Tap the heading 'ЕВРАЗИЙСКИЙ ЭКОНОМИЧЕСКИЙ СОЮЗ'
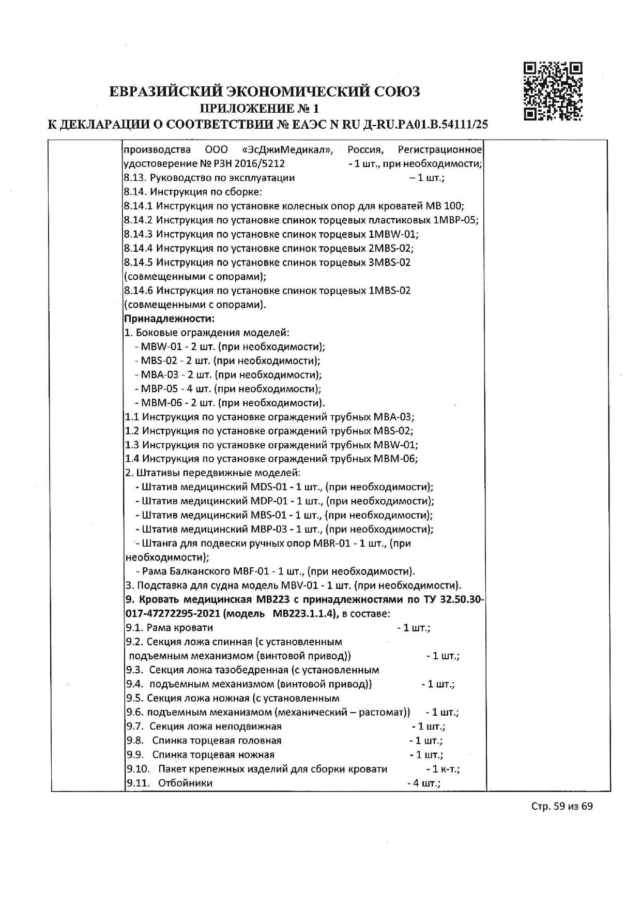click(x=265, y=92)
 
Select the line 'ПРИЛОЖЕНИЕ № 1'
click(x=260, y=108)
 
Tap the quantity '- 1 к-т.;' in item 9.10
click(x=443, y=769)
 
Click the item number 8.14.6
click(x=139, y=291)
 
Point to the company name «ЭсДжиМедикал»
click(x=287, y=150)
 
